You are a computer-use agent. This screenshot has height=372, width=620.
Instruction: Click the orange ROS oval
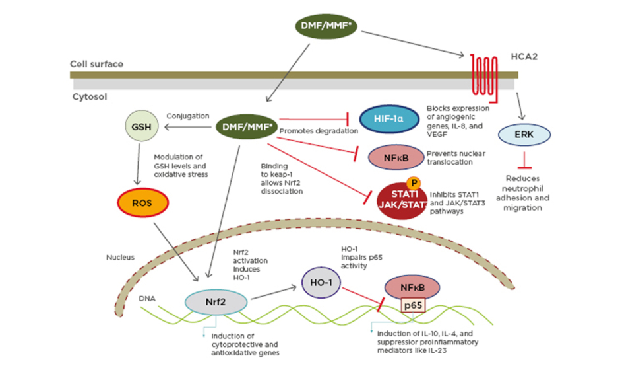pyautogui.click(x=142, y=204)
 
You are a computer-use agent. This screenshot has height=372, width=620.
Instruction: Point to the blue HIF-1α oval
pyautogui.click(x=389, y=120)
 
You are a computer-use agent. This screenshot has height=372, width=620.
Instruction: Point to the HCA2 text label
pyautogui.click(x=525, y=57)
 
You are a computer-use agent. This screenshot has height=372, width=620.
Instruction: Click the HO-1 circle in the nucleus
pyautogui.click(x=322, y=282)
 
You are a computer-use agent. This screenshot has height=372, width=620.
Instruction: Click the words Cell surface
pyautogui.click(x=96, y=64)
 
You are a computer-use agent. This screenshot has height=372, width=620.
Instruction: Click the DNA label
pyautogui.click(x=146, y=298)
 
